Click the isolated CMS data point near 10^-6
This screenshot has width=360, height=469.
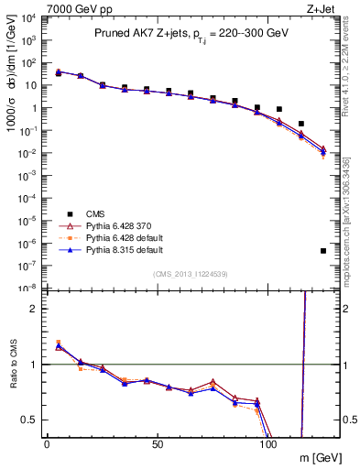[x=323, y=250]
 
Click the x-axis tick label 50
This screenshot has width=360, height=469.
[x=158, y=443]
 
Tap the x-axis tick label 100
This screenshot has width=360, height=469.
[x=267, y=443]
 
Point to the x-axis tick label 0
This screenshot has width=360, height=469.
[x=47, y=443]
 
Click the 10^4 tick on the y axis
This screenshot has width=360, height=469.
[x=29, y=18]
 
